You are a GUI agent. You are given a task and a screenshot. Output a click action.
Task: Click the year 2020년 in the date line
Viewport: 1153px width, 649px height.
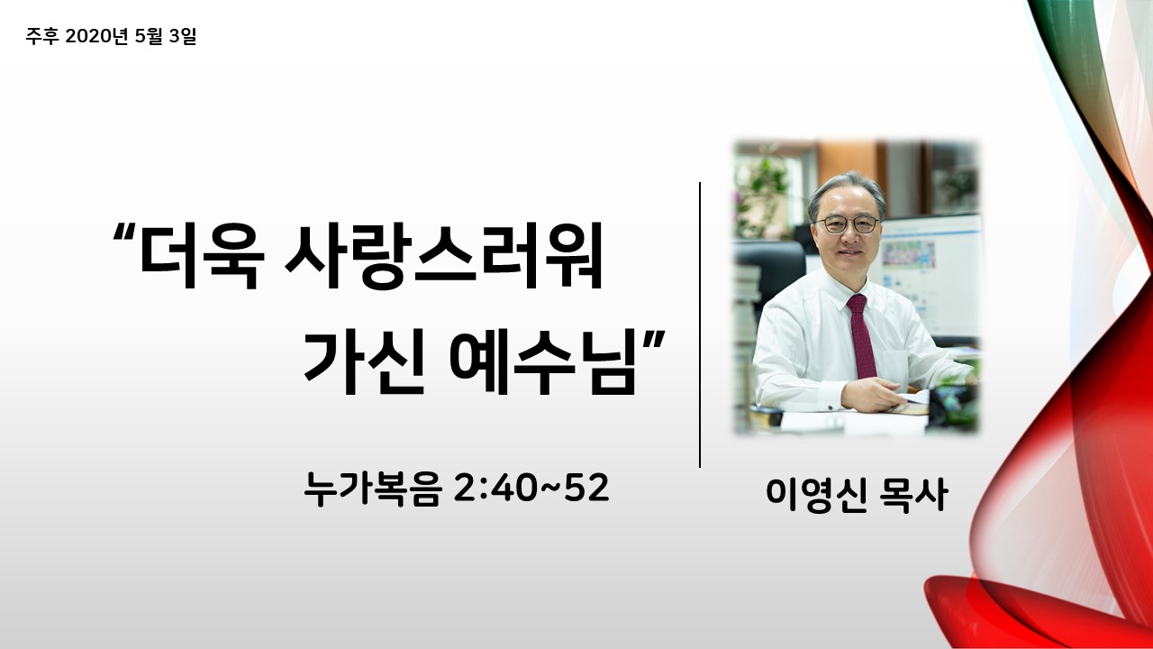pos(96,36)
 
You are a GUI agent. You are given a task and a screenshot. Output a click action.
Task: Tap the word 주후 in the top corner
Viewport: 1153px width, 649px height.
pos(42,36)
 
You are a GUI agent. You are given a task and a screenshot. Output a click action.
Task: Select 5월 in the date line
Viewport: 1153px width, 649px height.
pos(149,36)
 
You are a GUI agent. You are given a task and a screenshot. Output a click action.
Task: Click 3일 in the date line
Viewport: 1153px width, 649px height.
pos(183,36)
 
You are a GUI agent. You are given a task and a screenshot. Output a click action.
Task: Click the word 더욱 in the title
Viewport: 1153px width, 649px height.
pos(203,255)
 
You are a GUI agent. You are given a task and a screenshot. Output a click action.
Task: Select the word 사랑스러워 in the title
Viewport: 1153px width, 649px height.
pos(444,255)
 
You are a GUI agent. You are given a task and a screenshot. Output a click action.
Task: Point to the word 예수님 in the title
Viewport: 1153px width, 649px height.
pos(543,362)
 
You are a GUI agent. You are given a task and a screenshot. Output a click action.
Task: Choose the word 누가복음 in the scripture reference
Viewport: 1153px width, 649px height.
pos(373,489)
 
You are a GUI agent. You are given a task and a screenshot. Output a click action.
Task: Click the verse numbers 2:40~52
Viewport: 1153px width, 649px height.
pos(531,489)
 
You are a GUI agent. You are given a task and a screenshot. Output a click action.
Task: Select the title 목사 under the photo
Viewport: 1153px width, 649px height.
pos(913,495)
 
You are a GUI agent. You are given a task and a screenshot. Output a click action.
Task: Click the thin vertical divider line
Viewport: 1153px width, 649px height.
pos(700,324)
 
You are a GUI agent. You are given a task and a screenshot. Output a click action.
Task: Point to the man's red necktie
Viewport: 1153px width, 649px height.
pos(861,336)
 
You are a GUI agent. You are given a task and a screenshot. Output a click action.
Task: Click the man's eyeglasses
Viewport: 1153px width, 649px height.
pos(847,224)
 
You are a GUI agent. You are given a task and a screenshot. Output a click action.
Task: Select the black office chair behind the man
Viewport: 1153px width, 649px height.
pos(770,273)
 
